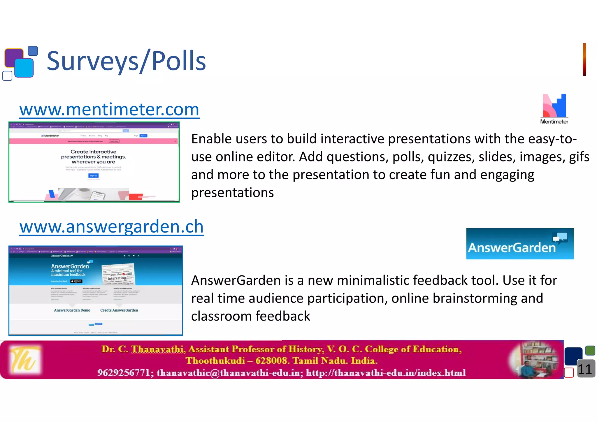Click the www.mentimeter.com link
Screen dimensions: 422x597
pos(109,110)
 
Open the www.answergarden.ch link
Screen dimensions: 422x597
pos(111,227)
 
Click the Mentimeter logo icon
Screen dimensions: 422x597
pos(554,106)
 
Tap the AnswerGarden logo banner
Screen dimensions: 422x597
pos(520,244)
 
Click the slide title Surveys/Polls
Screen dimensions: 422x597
pos(126,61)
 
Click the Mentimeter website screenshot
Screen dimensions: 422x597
pos(94,162)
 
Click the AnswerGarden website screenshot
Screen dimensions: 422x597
pos(96,291)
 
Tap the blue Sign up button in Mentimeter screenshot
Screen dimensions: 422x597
pos(93,176)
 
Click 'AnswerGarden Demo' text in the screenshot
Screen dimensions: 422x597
pos(72,310)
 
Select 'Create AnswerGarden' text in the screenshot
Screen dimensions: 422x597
pos(119,310)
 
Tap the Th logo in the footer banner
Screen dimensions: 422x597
pos(25,360)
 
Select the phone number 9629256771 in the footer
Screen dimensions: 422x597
pos(124,373)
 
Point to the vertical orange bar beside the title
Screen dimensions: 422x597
pos(584,59)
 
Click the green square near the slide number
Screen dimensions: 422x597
pos(590,350)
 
